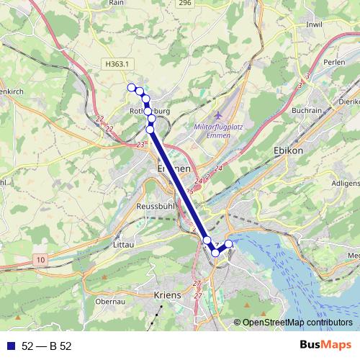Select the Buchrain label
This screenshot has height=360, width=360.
click(x=307, y=110)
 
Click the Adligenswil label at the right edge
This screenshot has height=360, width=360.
click(x=344, y=183)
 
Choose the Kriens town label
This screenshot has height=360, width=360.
click(x=167, y=295)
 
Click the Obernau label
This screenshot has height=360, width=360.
click(x=111, y=302)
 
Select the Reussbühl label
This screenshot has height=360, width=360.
click(x=153, y=206)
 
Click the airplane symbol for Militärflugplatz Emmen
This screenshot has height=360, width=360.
click(x=219, y=115)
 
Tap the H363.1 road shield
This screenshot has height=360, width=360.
click(x=117, y=64)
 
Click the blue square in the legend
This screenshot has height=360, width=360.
click(x=11, y=346)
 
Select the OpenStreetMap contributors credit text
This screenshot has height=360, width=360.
click(x=297, y=322)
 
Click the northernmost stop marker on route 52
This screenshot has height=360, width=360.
click(x=132, y=88)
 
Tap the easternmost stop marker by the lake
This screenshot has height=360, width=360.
click(x=229, y=244)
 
